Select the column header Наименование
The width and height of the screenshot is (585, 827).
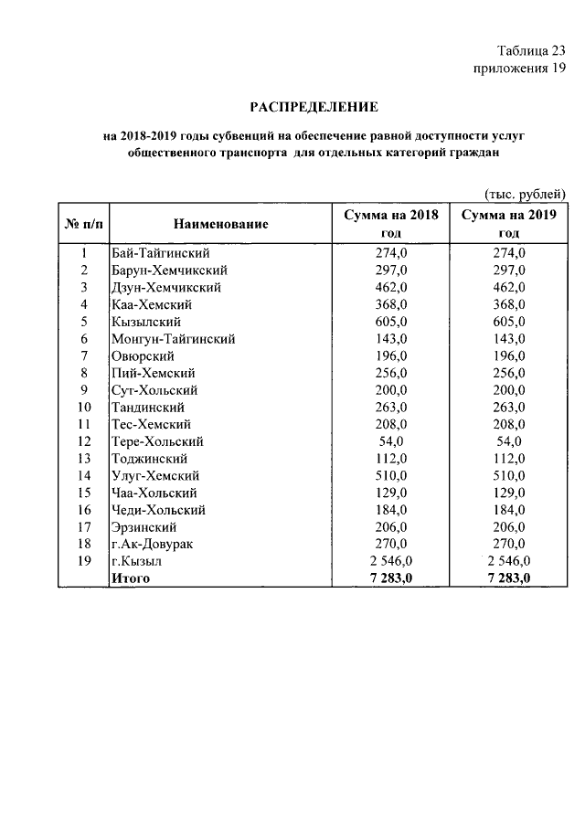(x=219, y=224)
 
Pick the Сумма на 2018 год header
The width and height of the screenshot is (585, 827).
(x=391, y=224)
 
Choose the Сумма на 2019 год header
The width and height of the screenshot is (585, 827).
(x=508, y=224)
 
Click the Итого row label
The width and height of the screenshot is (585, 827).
(x=129, y=578)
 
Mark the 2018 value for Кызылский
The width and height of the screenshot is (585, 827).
(x=391, y=322)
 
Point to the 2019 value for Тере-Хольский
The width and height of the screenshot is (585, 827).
(x=508, y=441)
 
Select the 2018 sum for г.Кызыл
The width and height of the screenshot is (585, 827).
(x=391, y=561)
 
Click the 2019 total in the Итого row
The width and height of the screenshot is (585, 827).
(x=508, y=578)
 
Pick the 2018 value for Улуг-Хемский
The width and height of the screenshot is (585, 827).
(x=391, y=476)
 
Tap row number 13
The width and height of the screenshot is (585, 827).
(x=84, y=459)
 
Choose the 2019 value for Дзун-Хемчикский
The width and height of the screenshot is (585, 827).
(x=508, y=288)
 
